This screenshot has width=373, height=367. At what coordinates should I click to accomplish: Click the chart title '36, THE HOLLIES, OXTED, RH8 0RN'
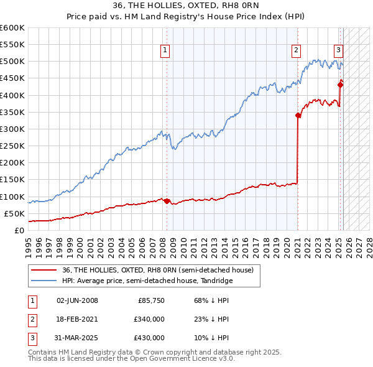coord(186,6)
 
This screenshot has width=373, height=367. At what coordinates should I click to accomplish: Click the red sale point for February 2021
coord(298,115)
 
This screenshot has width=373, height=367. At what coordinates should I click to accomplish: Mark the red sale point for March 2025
coord(340,85)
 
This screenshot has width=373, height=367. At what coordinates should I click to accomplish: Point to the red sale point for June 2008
coord(167,200)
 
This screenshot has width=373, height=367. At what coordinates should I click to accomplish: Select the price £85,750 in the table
coord(150,300)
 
